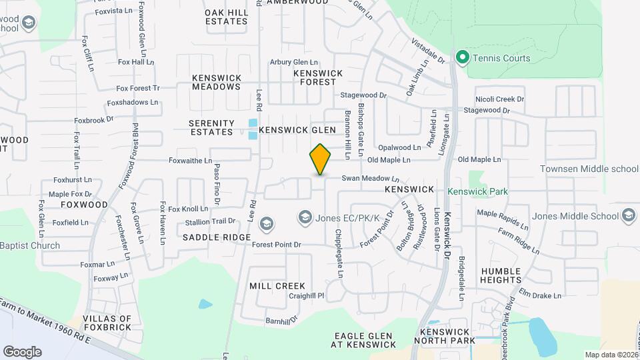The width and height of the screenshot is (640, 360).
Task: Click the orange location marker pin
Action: pyautogui.click(x=321, y=159)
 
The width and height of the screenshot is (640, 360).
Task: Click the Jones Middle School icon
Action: pyautogui.click(x=629, y=215)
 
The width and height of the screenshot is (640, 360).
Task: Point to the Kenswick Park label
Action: pyautogui.click(x=477, y=191)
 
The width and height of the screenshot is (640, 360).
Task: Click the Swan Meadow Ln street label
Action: pyautogui.click(x=370, y=179)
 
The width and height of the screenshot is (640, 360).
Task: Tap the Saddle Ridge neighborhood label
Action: pyautogui.click(x=217, y=237)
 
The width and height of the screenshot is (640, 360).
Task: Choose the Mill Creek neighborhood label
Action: pyautogui.click(x=277, y=286)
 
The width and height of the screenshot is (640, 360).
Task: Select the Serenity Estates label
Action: pyautogui.click(x=211, y=127)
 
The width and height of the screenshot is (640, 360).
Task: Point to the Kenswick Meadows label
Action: pyautogui.click(x=217, y=82)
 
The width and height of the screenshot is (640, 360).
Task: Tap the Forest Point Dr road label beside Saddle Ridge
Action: pyautogui.click(x=277, y=245)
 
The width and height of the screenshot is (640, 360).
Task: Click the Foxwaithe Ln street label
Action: pyautogui.click(x=190, y=161)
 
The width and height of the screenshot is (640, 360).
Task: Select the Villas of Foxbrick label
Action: pyautogui.click(x=107, y=323)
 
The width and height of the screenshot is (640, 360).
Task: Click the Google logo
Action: pyautogui.click(x=22, y=351)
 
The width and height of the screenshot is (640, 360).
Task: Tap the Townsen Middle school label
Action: pyautogui.click(x=589, y=169)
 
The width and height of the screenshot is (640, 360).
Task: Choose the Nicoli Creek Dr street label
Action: pyautogui.click(x=499, y=99)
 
